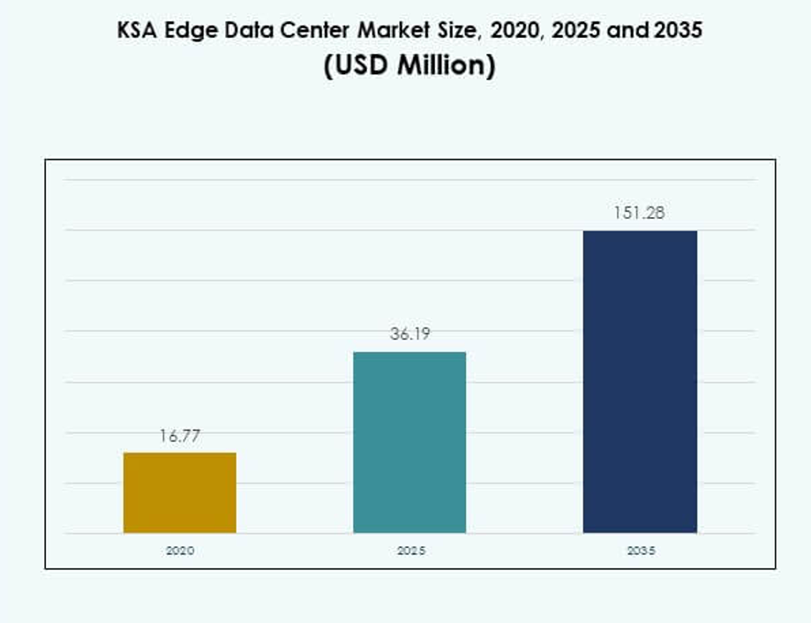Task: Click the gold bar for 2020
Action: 179,492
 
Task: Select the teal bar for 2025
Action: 409,442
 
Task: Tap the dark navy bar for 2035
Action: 640,381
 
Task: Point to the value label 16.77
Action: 179,436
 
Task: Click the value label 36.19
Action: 409,334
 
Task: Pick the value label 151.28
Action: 640,214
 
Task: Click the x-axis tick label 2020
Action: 179,550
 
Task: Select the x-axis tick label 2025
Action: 409,550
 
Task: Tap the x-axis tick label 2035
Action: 640,550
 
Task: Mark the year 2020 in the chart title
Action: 509,30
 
